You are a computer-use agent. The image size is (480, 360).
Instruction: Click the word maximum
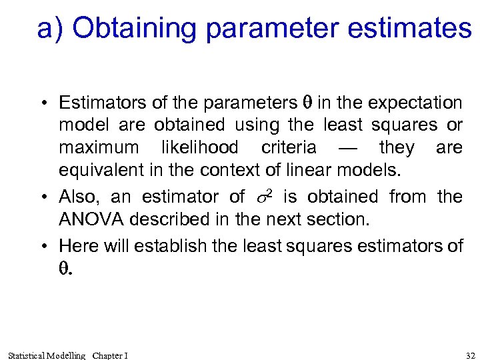[x=99, y=147]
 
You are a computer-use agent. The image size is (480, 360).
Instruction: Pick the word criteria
[x=289, y=147]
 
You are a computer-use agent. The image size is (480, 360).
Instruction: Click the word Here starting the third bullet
[x=79, y=246]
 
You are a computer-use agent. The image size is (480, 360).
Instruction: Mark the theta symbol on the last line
[x=64, y=269]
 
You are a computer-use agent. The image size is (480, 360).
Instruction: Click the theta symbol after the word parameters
[x=307, y=103]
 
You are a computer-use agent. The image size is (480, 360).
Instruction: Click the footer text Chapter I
[x=110, y=355]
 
